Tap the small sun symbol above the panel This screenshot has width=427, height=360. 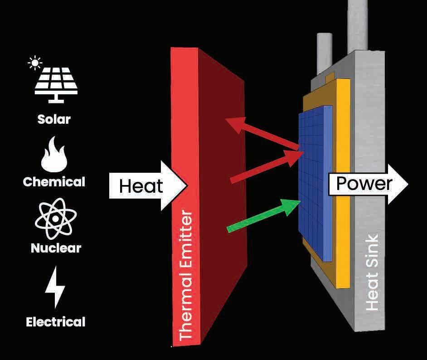coord(34,63)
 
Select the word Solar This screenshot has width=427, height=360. coord(54,119)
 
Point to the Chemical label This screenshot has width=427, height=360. coord(54,182)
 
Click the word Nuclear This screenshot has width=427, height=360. coord(56,248)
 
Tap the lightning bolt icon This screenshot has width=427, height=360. coord(55,287)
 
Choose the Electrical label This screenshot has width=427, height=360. coord(55,322)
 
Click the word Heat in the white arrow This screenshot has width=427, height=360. coord(141,186)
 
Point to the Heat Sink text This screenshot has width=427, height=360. coord(372,272)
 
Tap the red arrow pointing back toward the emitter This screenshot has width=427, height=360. coord(263,133)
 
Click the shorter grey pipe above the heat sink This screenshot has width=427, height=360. coord(325,52)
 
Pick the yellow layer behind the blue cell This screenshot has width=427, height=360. coord(344,181)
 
